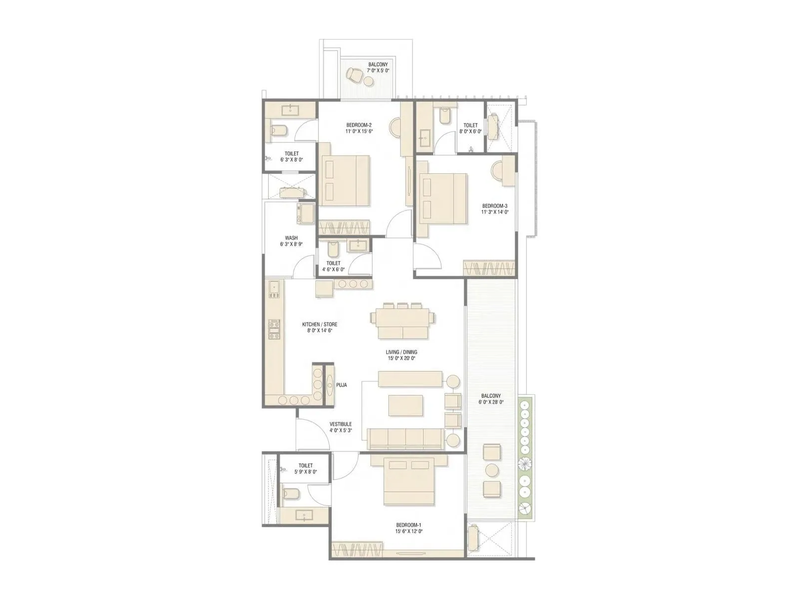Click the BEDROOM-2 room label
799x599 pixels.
[x=359, y=125]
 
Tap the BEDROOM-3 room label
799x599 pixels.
[x=495, y=206]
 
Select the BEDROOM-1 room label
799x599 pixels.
[x=409, y=525]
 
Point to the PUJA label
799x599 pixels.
[x=342, y=385]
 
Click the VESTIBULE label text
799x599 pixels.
[x=341, y=424]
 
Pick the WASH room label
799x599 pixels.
[x=291, y=238]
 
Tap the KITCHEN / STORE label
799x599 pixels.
[x=320, y=324]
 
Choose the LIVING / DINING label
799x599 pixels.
[x=401, y=352]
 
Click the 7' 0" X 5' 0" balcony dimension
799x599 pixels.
[x=378, y=71]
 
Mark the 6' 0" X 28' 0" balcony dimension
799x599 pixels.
[x=492, y=402]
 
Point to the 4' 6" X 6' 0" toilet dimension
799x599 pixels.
[x=334, y=270]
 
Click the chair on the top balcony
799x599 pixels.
[x=355, y=75]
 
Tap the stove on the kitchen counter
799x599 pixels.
[x=274, y=327]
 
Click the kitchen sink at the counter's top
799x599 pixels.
[x=273, y=288]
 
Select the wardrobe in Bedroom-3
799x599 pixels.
[x=489, y=268]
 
